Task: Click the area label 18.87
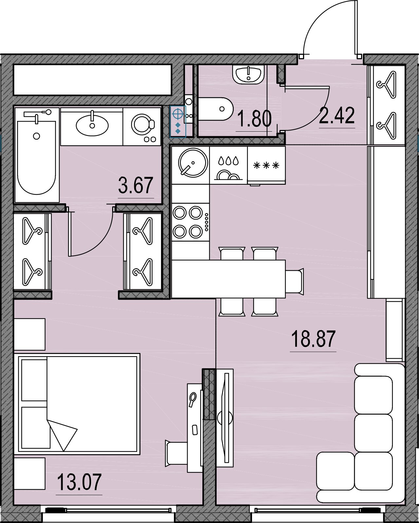313,339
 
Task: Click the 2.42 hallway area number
337,116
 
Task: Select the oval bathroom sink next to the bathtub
92,124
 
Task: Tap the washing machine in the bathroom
142,127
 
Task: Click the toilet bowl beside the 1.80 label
216,109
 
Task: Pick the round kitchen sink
193,162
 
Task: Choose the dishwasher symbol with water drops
228,165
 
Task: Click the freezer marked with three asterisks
266,165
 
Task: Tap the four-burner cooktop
191,222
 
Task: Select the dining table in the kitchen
228,279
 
